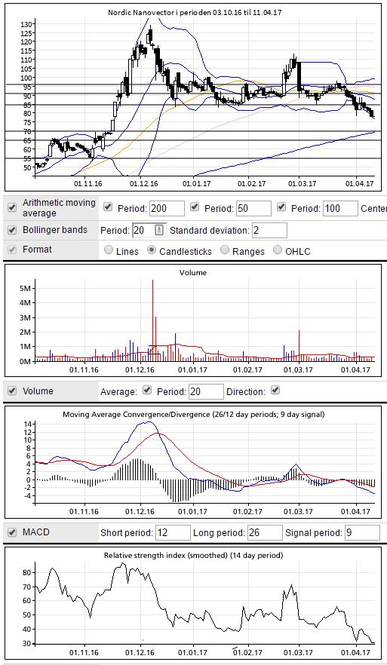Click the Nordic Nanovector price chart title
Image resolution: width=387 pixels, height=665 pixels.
[195, 13]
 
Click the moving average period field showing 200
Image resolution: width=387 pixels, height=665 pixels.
[167, 208]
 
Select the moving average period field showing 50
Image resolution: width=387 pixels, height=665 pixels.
[253, 208]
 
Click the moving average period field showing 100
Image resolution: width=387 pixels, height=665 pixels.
[340, 208]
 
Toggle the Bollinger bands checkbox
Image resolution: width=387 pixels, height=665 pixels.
[12, 230]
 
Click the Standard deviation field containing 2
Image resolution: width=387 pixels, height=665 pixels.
[269, 230]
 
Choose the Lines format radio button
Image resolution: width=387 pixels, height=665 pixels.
[108, 250]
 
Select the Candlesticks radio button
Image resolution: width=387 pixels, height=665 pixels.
[152, 250]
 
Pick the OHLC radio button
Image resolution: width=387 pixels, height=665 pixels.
[278, 250]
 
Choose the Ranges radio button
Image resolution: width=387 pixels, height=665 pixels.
[225, 250]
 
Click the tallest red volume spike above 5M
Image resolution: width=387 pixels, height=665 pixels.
[152, 320]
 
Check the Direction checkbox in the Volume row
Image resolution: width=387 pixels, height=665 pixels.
[275, 390]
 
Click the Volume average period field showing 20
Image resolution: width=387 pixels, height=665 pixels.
[206, 391]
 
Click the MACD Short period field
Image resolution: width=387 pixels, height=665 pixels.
[174, 532]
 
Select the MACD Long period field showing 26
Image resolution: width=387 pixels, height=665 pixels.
[266, 532]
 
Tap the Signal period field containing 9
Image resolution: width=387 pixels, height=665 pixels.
[362, 532]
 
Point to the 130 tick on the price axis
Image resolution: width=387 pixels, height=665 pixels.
[26, 24]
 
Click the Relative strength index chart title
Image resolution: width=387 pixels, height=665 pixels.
[193, 555]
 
